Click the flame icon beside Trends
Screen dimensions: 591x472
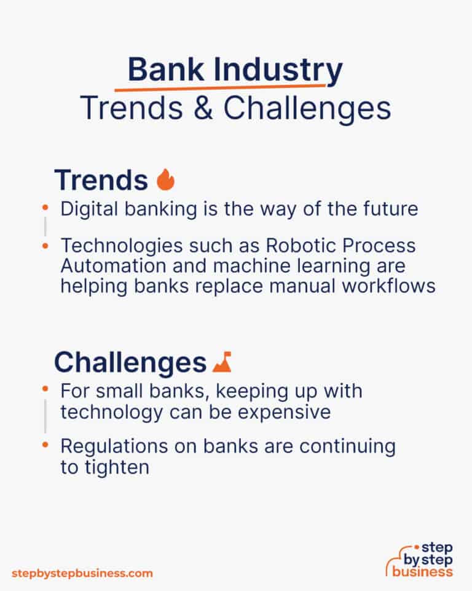(x=166, y=180)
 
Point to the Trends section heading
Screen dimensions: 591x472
(x=101, y=180)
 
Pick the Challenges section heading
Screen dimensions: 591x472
(x=130, y=363)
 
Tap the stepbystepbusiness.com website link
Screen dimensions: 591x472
(x=82, y=573)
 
